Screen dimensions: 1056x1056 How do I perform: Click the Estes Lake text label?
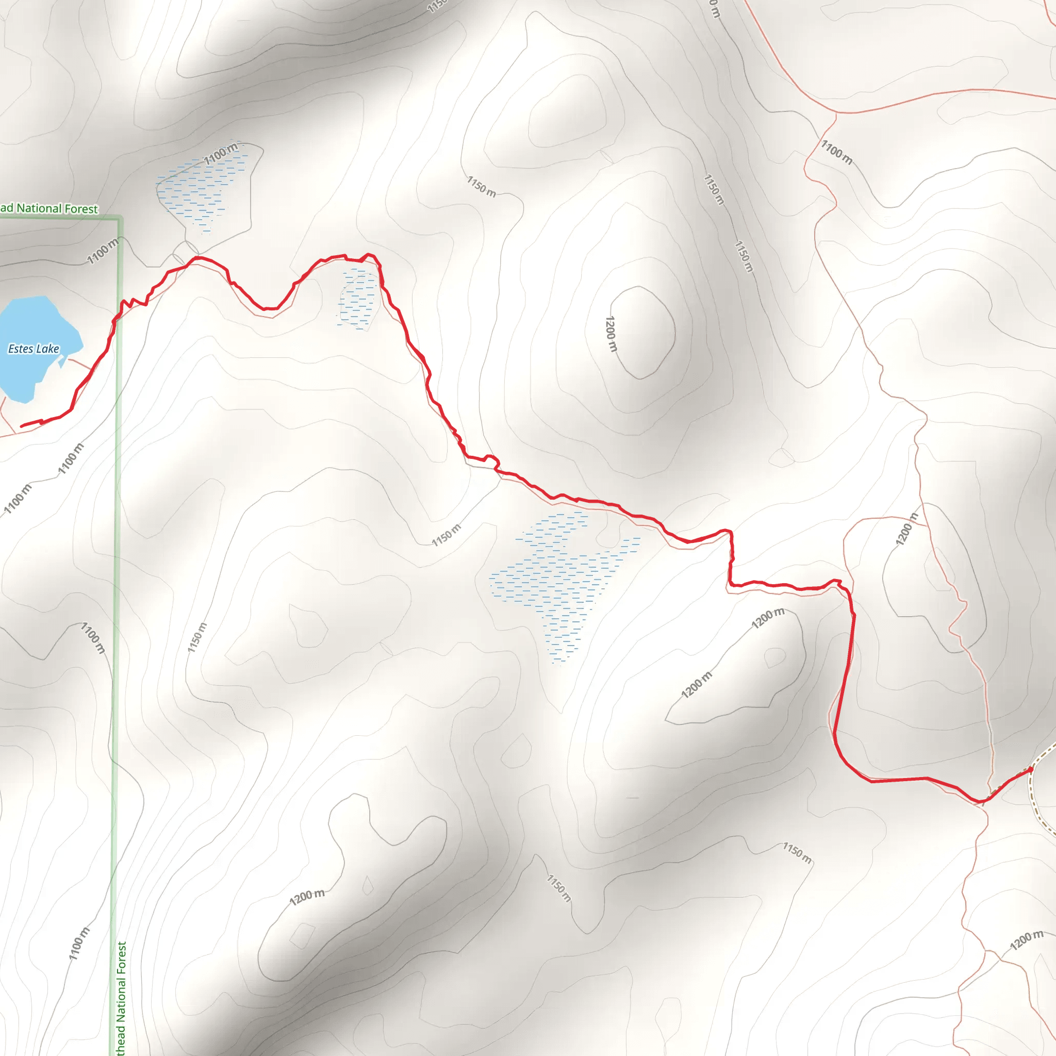pos(34,349)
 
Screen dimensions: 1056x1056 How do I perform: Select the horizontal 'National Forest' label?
pos(49,208)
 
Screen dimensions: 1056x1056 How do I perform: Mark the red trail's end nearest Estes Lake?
pos(22,426)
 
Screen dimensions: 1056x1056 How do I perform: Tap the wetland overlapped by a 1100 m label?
pos(202,191)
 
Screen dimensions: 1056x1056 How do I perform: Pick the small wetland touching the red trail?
pos(358,298)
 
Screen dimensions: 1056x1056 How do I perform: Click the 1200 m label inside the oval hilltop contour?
pos(610,334)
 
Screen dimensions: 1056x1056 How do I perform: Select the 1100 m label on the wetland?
pos(221,154)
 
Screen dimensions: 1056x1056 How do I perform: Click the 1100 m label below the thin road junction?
pos(836,152)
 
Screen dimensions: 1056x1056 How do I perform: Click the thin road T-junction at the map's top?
pos(836,113)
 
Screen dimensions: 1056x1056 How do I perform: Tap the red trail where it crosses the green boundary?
pos(116,319)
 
